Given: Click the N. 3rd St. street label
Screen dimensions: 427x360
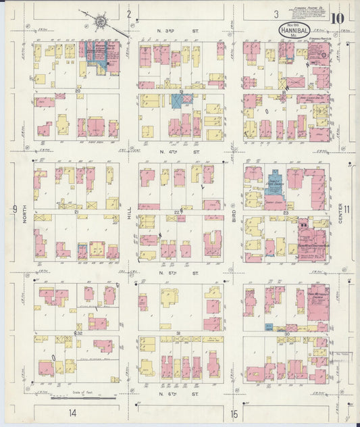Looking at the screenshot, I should pos(178,31).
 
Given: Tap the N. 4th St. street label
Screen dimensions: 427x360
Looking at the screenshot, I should pos(178,153).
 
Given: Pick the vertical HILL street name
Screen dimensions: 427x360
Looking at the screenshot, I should pos(130,215).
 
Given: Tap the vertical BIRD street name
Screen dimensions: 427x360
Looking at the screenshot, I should pos(234,215).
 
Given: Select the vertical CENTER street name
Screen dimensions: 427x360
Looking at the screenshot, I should pos(342,215).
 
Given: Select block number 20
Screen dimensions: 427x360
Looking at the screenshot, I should pos(78,91).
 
